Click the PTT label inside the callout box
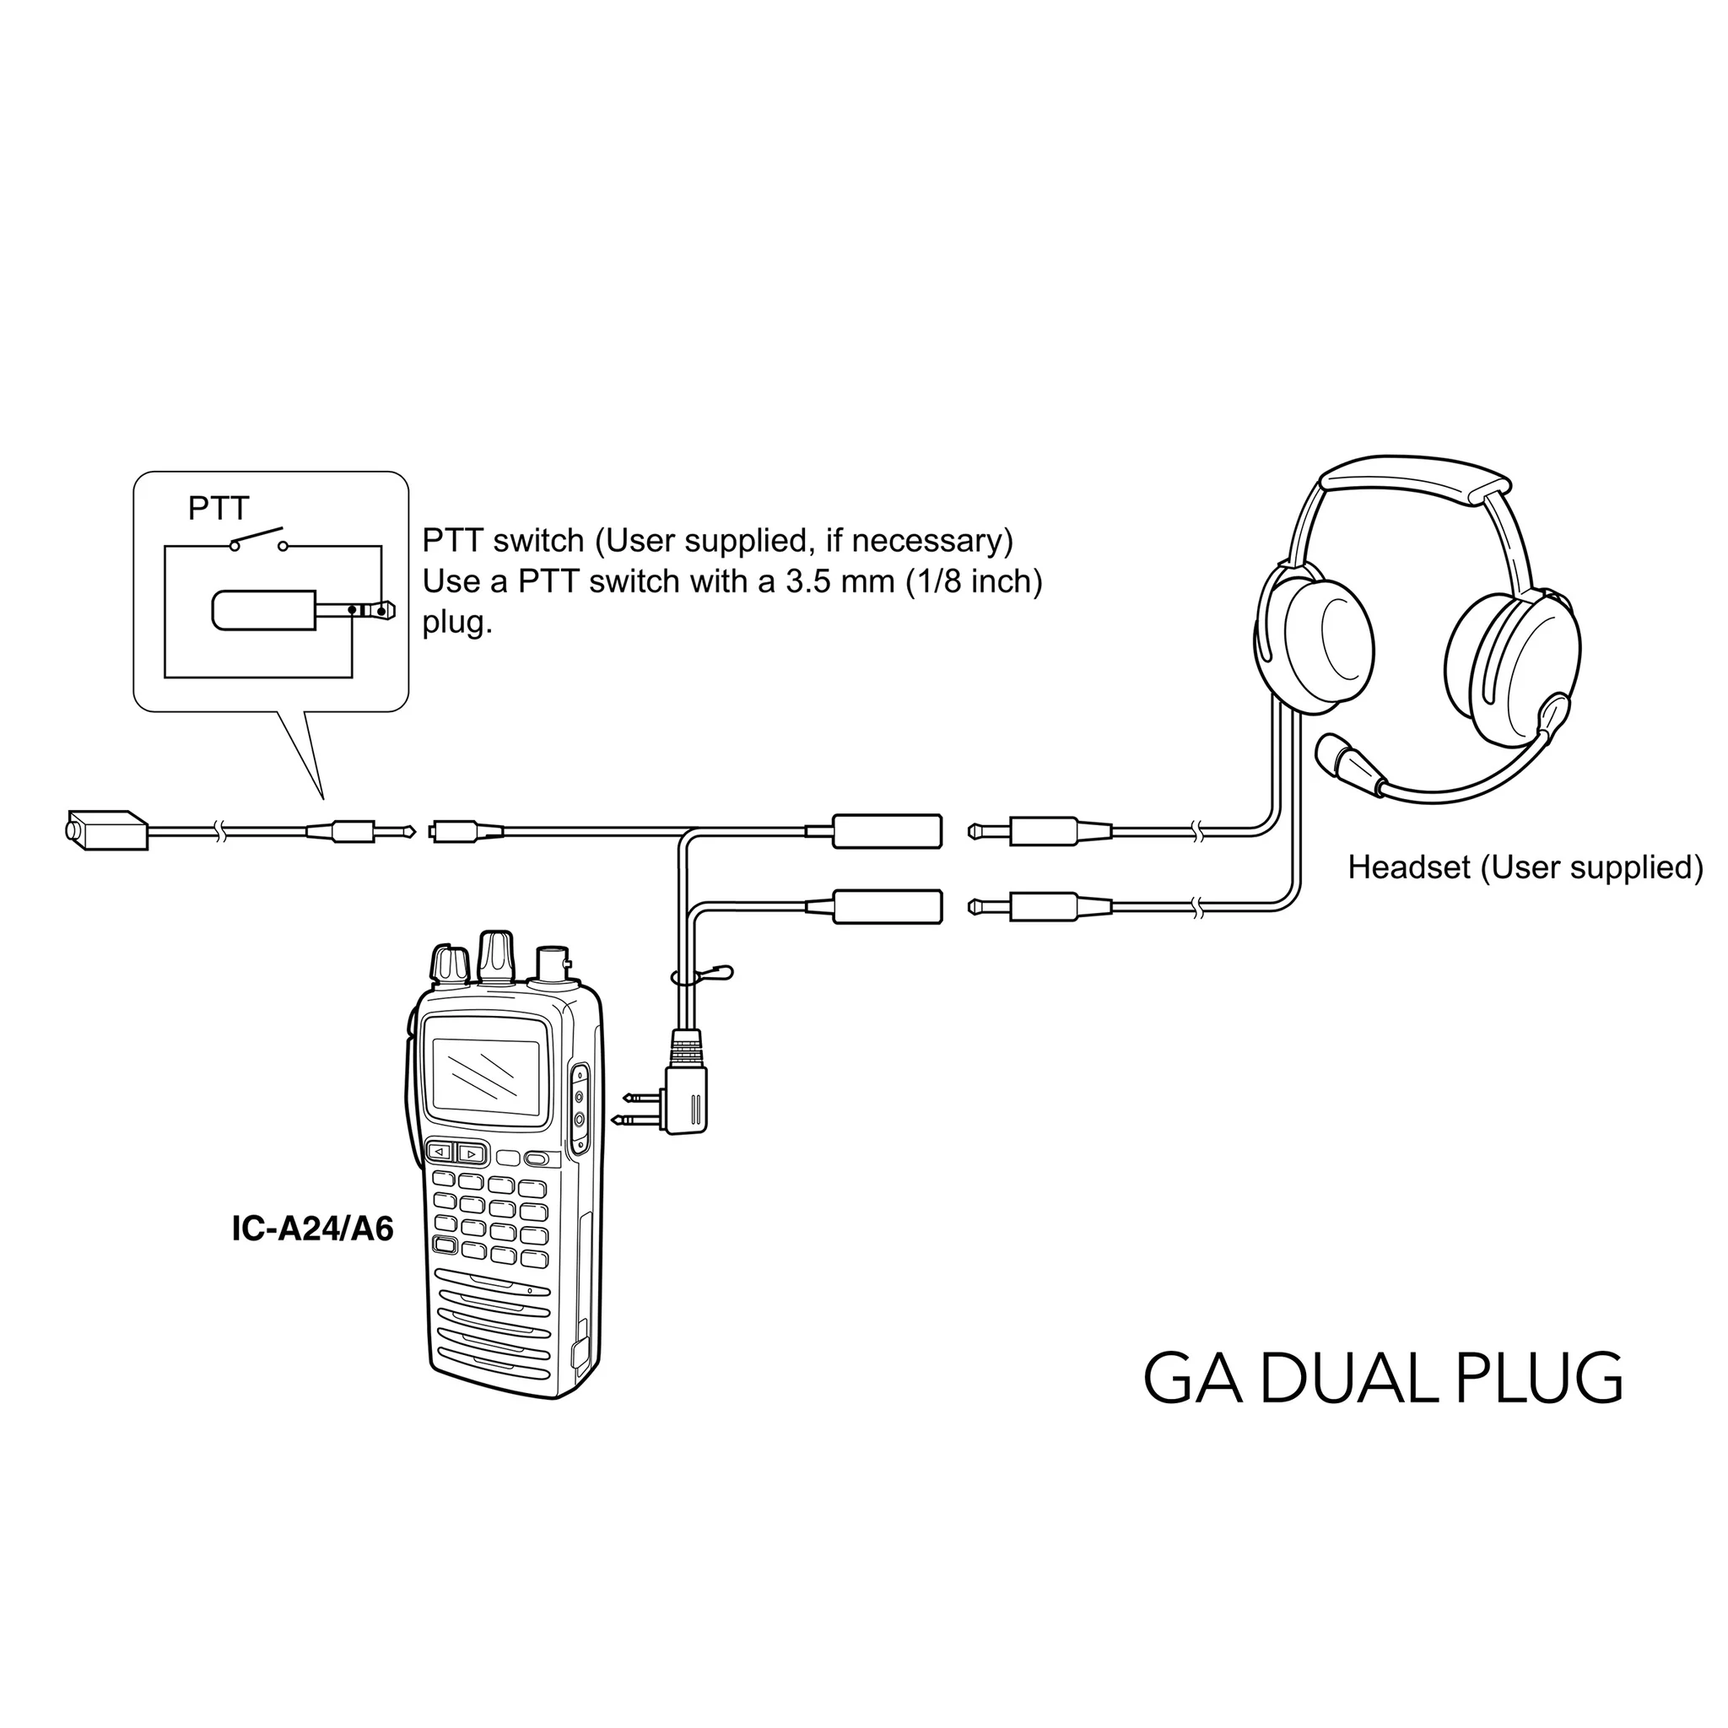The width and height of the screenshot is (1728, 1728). tap(219, 509)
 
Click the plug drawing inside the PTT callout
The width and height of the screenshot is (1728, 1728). tap(303, 611)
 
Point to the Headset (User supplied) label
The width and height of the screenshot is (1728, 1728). tap(1525, 867)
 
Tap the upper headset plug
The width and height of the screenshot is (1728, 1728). tap(1040, 832)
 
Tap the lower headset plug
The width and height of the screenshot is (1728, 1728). tap(1040, 907)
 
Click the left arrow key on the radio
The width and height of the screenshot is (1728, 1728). tap(439, 1153)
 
